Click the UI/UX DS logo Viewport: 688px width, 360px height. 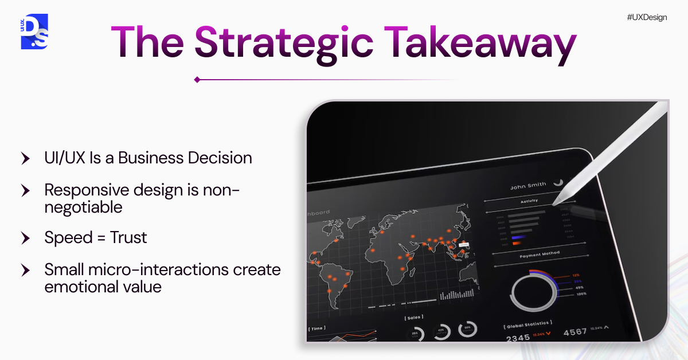click(34, 32)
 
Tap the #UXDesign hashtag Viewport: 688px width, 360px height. click(647, 17)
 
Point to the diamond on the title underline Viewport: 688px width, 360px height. click(197, 80)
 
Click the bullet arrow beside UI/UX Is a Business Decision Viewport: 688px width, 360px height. click(25, 159)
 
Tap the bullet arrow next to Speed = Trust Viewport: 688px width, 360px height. click(25, 237)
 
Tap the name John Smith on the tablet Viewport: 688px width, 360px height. click(527, 186)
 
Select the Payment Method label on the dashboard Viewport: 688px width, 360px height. click(540, 253)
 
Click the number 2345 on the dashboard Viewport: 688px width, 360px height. click(518, 338)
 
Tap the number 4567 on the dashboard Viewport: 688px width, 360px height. click(575, 332)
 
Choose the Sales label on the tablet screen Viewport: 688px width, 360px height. click(414, 317)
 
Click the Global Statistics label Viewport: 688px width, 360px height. click(528, 324)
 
